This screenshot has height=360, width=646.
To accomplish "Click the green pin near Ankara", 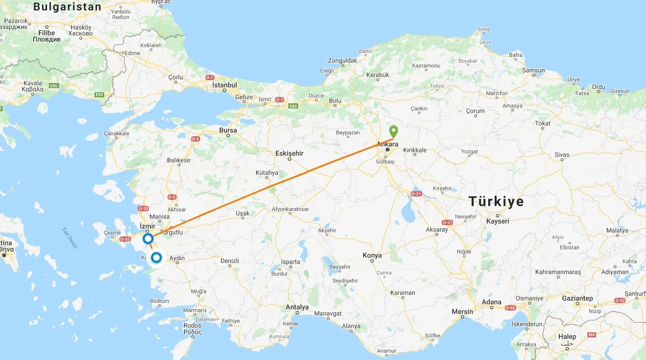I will pos(393,131).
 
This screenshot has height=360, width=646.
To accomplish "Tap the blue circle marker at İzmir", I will pos(148,239).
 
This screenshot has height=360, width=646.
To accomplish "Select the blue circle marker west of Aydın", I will pos(157,257).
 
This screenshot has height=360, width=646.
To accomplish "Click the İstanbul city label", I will pos(224,85).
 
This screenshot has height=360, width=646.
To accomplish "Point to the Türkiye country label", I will pos(496,202).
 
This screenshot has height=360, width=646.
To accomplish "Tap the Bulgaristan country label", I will pos(67,7).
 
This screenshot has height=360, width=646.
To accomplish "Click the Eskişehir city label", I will pos(289,153).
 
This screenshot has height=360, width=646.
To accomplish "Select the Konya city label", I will pos(372,255).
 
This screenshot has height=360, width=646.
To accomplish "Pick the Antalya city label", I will pos(297,307).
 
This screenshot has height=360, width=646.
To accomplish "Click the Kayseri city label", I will pos(497,221).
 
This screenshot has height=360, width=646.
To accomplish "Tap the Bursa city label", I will pos(228,130).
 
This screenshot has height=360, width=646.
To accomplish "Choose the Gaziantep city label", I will pos(577,299).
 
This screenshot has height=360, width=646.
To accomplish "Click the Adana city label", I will pos(491,302).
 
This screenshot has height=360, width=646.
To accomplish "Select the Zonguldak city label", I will pos(342,60).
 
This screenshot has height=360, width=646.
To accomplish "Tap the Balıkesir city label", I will pos(179,161).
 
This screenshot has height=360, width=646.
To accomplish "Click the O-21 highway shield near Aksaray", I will pos(447,222).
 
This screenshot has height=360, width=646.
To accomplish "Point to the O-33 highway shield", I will pos(143,209).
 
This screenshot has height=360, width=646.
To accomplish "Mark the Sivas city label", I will pos(562,155).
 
